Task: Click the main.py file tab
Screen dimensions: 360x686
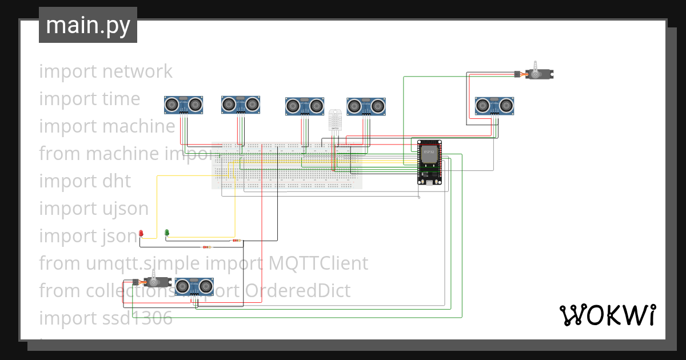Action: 87,25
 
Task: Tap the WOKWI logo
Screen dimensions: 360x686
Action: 607,315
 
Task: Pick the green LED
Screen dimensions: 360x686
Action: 167,233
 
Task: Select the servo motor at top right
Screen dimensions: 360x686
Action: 539,73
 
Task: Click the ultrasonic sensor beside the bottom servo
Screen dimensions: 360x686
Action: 194,286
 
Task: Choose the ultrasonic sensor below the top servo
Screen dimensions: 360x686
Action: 494,105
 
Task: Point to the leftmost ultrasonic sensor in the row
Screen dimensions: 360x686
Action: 184,104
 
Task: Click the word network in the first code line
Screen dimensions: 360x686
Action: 138,71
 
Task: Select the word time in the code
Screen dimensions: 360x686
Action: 122,99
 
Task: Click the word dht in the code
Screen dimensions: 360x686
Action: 117,181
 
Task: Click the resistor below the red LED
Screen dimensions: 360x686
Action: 206,247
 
